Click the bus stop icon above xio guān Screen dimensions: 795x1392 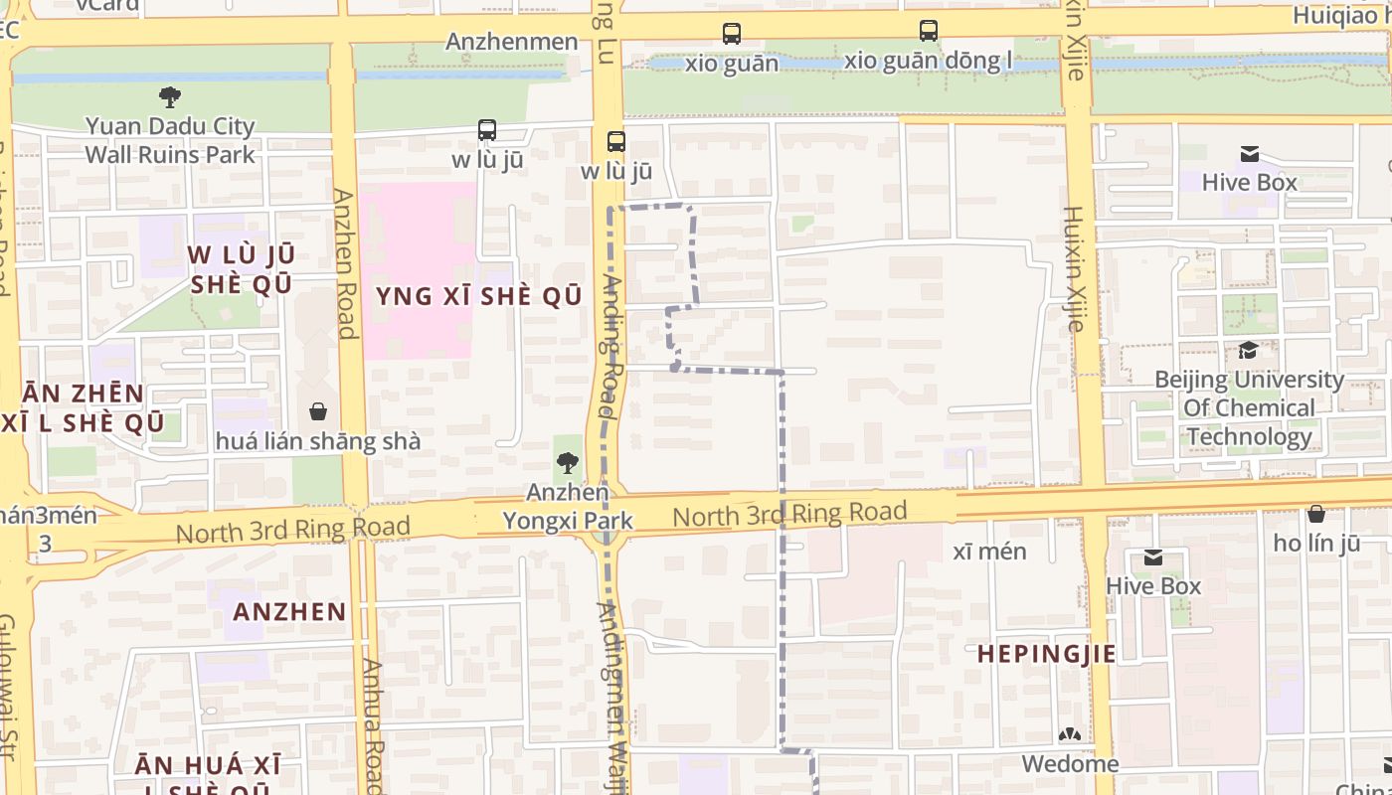(x=732, y=33)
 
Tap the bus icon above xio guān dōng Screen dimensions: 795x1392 (x=928, y=31)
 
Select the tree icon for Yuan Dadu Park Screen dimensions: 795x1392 (x=170, y=96)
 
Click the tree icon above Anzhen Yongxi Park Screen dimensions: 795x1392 (x=567, y=461)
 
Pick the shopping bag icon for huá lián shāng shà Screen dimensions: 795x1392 (x=318, y=411)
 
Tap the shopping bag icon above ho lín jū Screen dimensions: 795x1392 (x=1315, y=514)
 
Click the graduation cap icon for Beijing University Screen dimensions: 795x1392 (x=1247, y=350)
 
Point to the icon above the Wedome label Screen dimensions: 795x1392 (x=1070, y=735)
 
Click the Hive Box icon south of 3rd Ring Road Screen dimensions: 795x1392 (x=1153, y=557)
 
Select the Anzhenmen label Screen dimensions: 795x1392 (x=512, y=42)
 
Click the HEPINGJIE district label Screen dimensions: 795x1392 (x=1046, y=653)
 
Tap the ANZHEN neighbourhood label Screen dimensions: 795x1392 (x=289, y=611)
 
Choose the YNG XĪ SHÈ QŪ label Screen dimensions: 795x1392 (x=478, y=296)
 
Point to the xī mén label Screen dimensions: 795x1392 (x=989, y=552)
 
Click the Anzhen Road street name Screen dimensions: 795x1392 (x=345, y=264)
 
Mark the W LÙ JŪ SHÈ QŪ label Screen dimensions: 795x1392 (x=241, y=268)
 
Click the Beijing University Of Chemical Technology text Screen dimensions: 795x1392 (x=1249, y=408)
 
